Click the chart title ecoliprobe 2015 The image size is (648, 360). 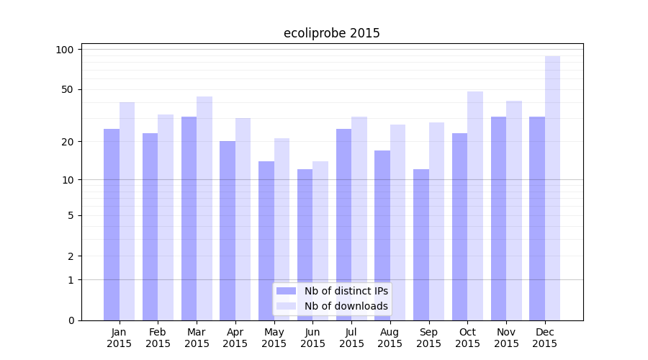[331, 33]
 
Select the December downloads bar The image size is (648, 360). [552, 187]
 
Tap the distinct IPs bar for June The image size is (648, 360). [305, 245]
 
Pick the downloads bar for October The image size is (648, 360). [475, 205]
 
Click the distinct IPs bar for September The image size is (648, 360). [420, 245]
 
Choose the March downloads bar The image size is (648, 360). [204, 208]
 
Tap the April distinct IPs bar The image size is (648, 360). [228, 230]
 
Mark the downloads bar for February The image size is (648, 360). [166, 217]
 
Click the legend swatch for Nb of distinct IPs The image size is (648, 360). [286, 291]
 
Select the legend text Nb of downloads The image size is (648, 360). [346, 306]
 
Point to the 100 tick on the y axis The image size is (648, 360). [65, 50]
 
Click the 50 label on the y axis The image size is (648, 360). [68, 90]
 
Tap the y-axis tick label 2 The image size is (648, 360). [71, 256]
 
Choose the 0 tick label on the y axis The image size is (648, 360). [71, 320]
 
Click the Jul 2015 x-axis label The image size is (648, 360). [351, 338]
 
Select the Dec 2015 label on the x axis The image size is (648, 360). [545, 338]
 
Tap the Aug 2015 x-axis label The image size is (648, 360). [390, 338]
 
